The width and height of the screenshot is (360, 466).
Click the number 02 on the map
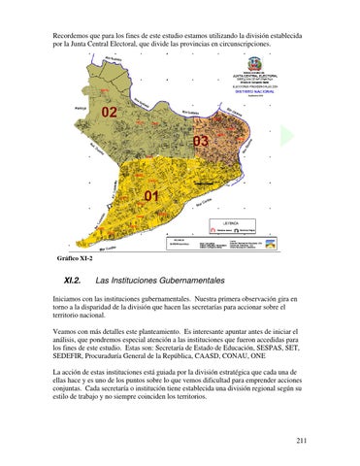110,112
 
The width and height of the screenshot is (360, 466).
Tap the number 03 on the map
201,144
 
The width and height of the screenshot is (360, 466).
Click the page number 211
303,442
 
